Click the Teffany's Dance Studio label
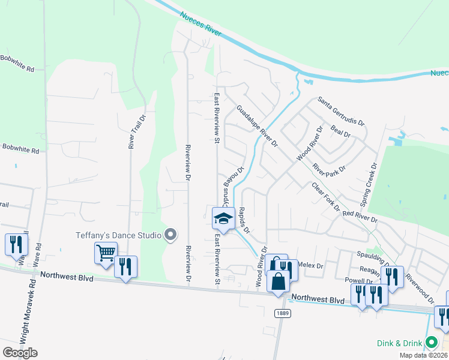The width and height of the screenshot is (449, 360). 118,235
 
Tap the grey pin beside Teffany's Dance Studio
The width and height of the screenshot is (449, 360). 170,235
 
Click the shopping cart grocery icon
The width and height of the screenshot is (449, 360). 106,253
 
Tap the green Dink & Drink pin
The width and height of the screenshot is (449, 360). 431,343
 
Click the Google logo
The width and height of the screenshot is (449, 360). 20,352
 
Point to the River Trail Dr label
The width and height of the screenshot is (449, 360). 133,131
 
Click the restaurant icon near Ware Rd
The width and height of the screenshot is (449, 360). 15,244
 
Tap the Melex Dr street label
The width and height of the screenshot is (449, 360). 310,265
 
